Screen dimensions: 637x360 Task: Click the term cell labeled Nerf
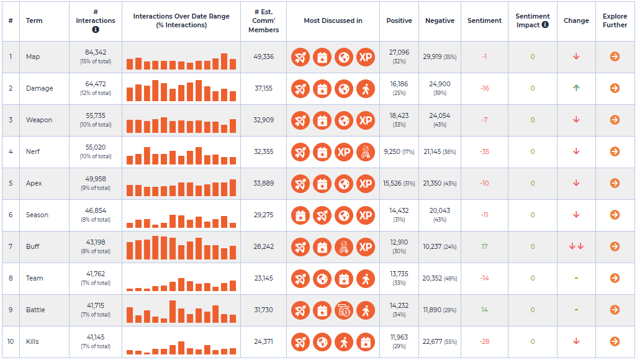click(x=33, y=151)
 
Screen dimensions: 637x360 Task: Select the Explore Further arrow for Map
click(x=615, y=56)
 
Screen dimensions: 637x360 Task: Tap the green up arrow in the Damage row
click(x=576, y=88)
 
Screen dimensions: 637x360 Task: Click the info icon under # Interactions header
click(x=96, y=29)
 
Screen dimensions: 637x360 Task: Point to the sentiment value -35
click(x=484, y=151)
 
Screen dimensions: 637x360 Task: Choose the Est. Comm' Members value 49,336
click(x=264, y=56)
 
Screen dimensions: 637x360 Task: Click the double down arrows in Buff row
click(x=576, y=246)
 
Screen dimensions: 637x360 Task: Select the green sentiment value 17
click(x=484, y=246)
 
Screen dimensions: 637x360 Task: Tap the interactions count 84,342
click(x=96, y=52)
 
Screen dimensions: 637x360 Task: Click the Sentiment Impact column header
click(x=532, y=20)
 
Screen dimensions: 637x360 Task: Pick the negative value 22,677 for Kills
click(x=432, y=341)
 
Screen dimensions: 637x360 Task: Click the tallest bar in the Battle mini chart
click(x=173, y=311)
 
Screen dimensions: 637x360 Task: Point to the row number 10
click(x=11, y=341)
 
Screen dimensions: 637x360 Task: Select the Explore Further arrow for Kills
click(x=615, y=341)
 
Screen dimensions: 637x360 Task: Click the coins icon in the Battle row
click(x=344, y=310)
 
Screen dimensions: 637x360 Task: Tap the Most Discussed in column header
click(x=333, y=20)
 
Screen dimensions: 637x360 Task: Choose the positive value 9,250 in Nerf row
click(x=392, y=151)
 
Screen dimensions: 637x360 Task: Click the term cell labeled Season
click(x=37, y=215)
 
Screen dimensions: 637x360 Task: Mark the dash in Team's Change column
click(x=576, y=278)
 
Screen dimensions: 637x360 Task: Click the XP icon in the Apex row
click(x=366, y=184)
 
